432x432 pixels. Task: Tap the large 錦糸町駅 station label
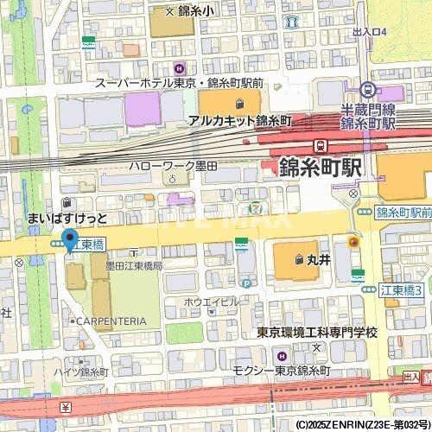coord(320,167)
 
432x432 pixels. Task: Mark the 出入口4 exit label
coord(370,32)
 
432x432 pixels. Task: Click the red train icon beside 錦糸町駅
coord(321,145)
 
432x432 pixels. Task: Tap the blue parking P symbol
coord(246,282)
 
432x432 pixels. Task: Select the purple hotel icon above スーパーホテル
coord(179,68)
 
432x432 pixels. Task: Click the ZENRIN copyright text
coord(363,425)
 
